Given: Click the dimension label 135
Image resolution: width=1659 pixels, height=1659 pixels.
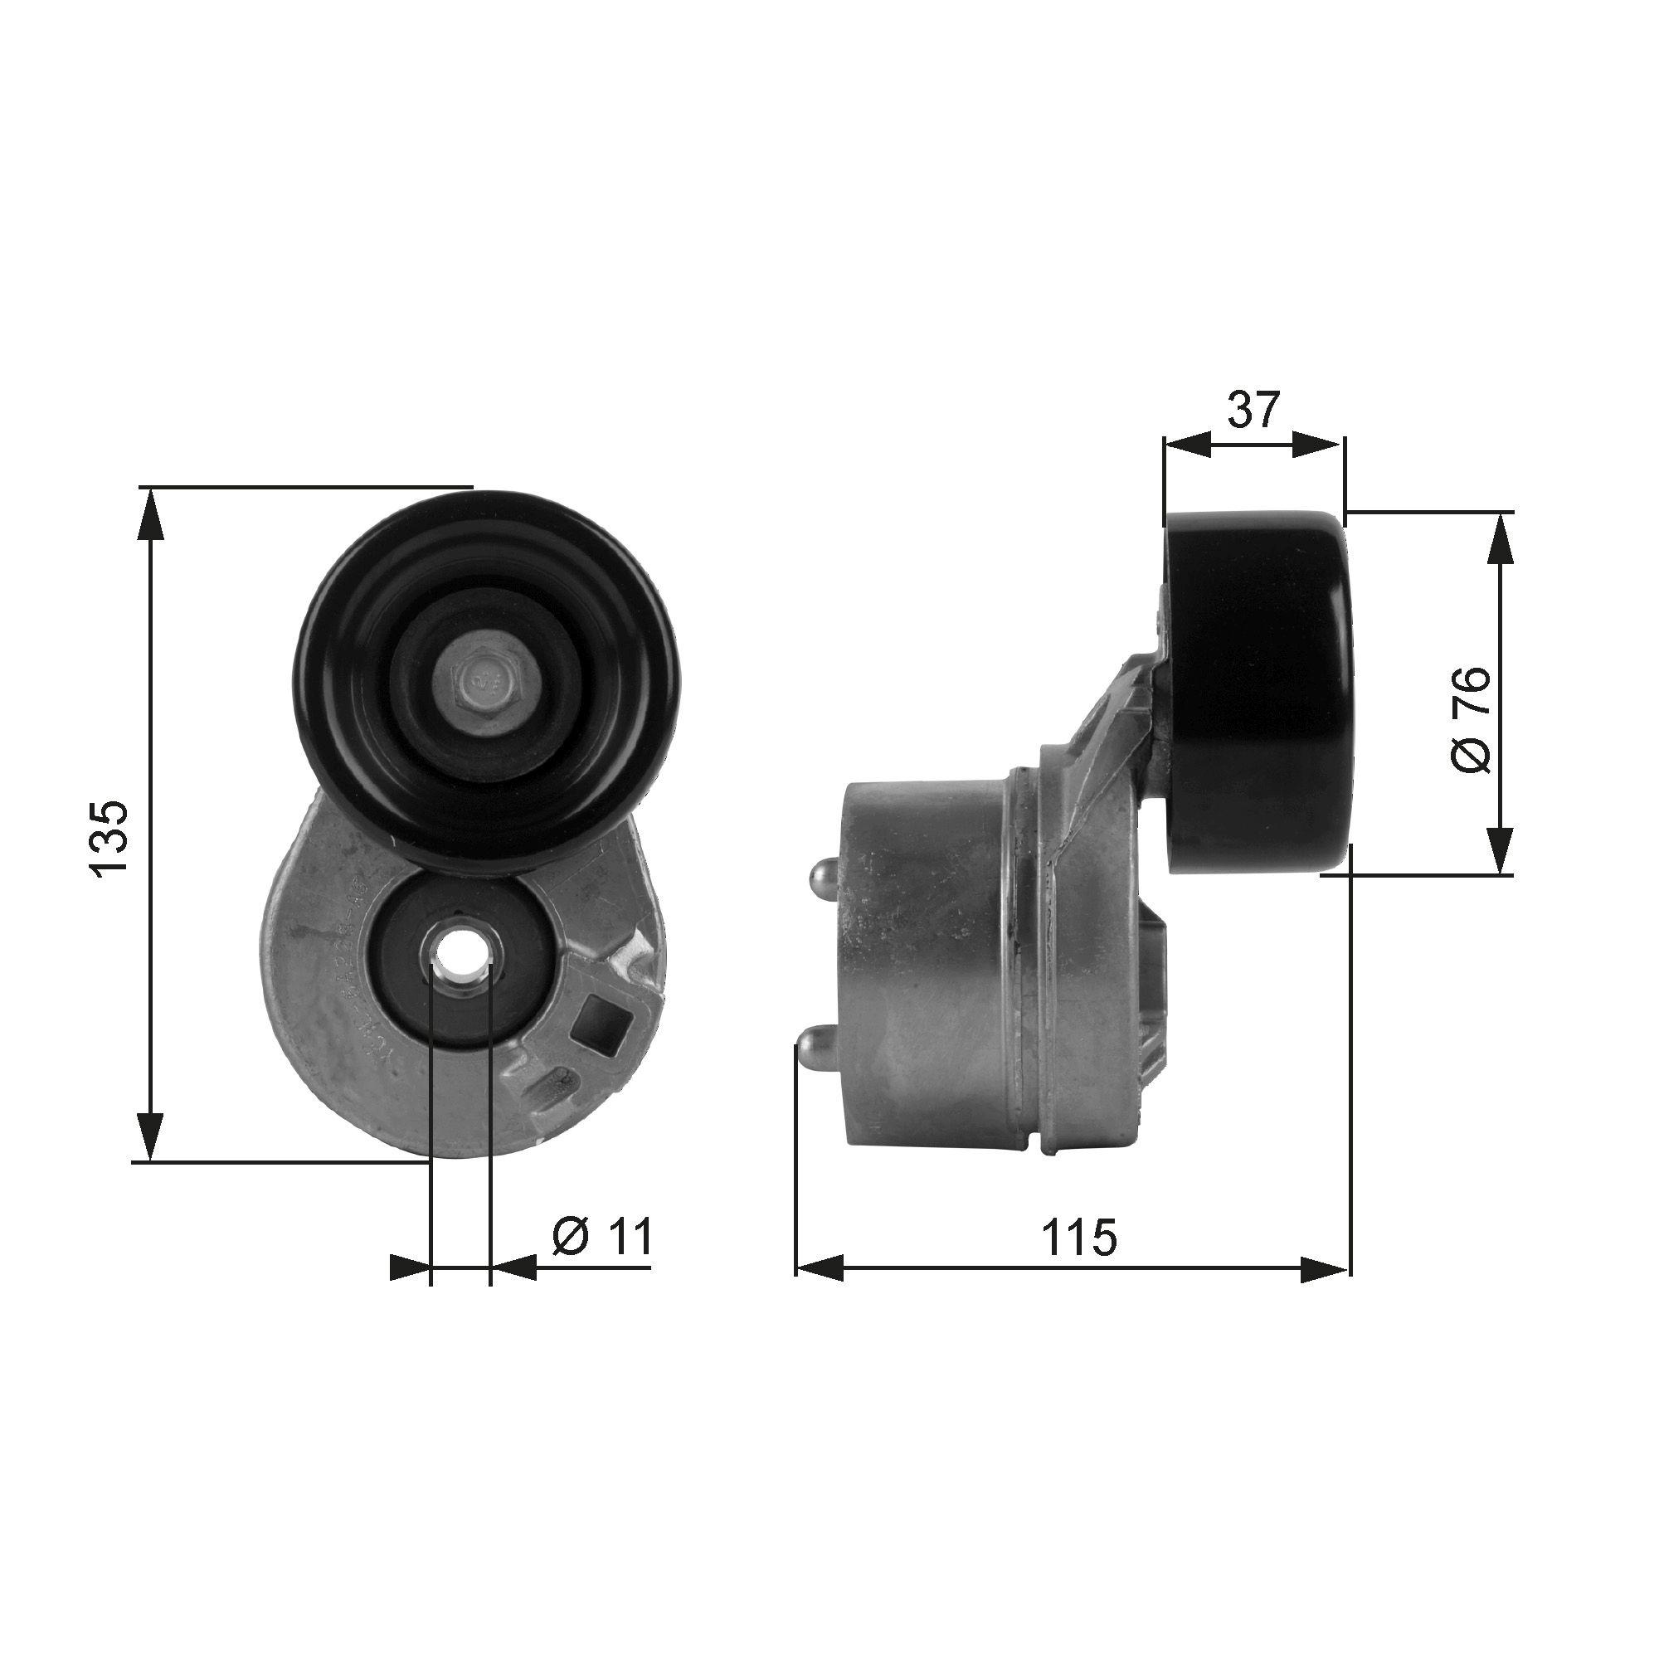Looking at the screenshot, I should (113, 839).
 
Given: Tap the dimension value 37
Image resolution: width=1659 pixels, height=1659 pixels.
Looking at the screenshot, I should (1253, 410).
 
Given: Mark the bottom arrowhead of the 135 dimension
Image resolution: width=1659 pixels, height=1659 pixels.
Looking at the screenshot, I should (150, 1136).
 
